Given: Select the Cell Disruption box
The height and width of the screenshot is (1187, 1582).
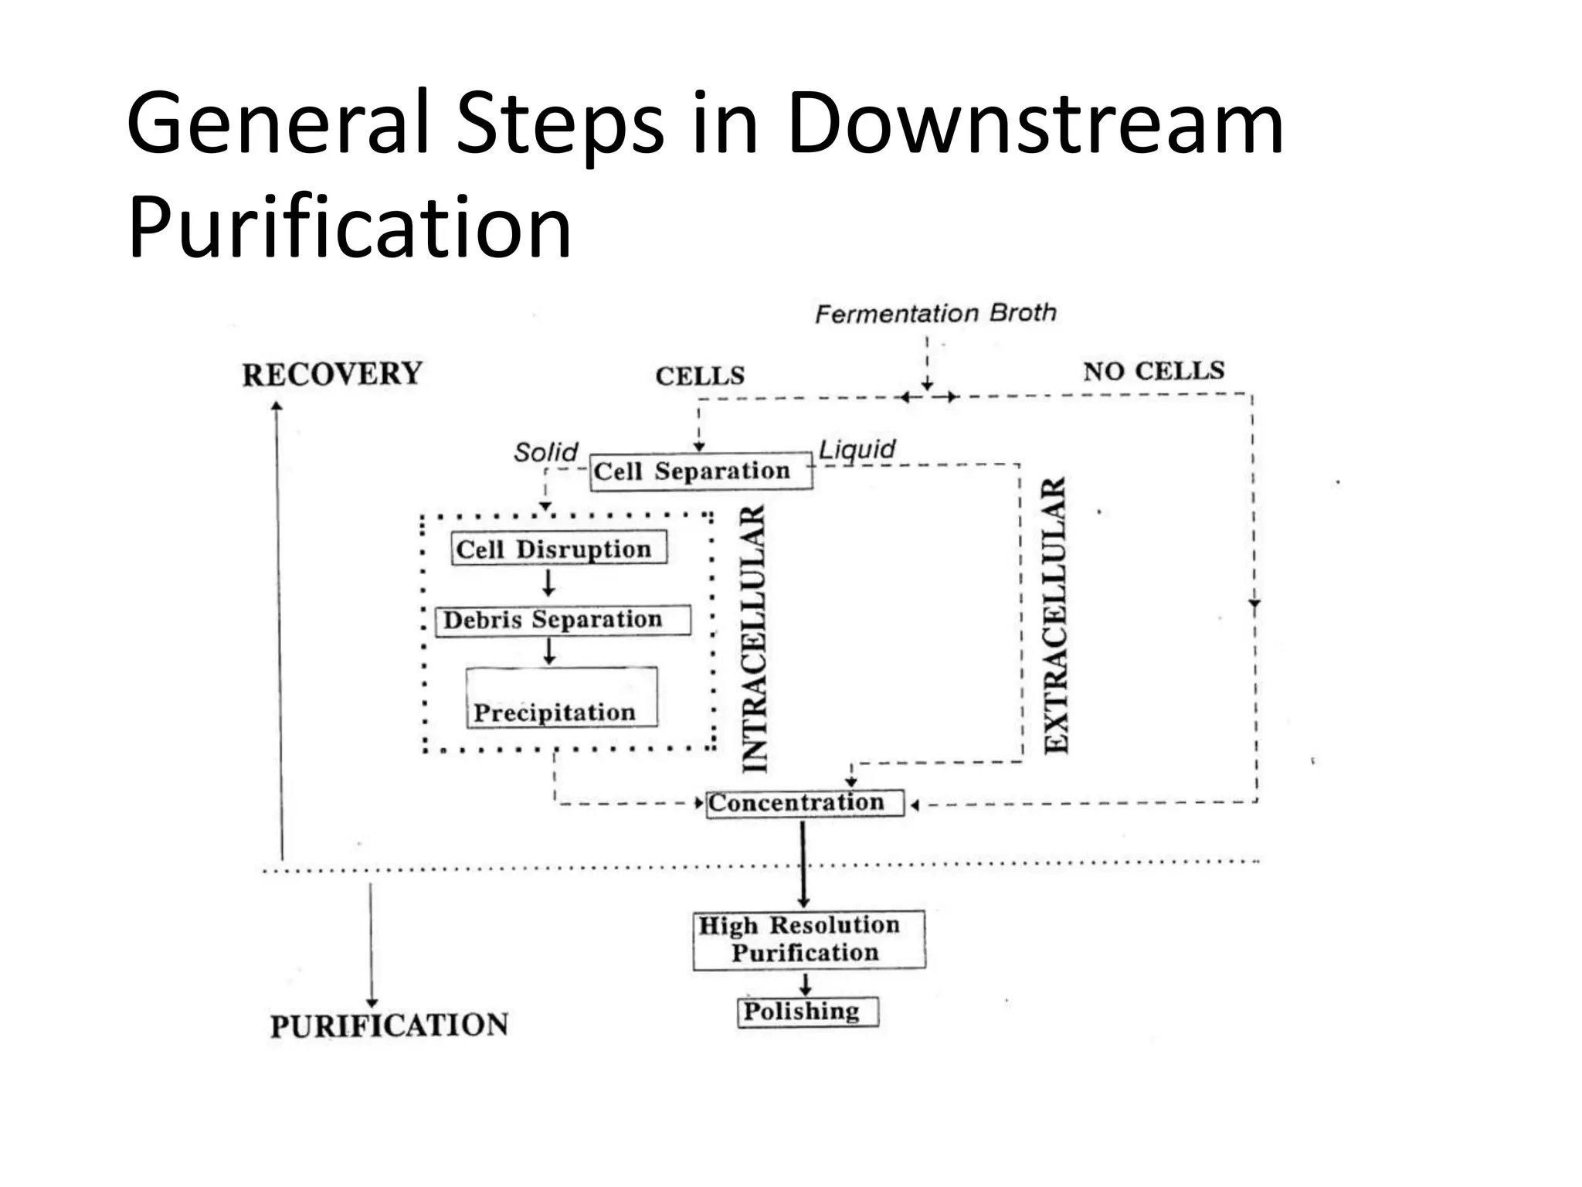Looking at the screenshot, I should pyautogui.click(x=558, y=548).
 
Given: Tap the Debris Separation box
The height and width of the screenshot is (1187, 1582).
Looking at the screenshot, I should pyautogui.click(x=563, y=620).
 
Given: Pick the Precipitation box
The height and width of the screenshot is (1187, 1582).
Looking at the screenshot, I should pyautogui.click(x=562, y=698).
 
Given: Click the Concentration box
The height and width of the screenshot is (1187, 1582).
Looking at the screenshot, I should pyautogui.click(x=805, y=803).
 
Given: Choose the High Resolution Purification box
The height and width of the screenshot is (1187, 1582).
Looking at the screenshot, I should pyautogui.click(x=808, y=939).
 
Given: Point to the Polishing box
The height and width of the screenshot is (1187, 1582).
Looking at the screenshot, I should pyautogui.click(x=806, y=1011).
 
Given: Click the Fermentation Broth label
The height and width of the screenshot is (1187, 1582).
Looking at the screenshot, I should pyautogui.click(x=935, y=314).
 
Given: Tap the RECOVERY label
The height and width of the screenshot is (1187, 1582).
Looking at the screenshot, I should pyautogui.click(x=332, y=375).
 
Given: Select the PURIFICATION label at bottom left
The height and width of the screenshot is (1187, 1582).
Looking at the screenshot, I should pyautogui.click(x=389, y=1025).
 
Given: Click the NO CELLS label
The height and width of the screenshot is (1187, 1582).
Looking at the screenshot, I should pyautogui.click(x=1153, y=372).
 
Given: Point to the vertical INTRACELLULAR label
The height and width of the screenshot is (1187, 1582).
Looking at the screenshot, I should pyautogui.click(x=753, y=638).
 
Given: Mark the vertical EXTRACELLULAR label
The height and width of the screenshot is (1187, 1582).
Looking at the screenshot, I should pyautogui.click(x=1055, y=615).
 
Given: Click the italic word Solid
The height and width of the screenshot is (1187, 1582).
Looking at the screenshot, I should pyautogui.click(x=546, y=452).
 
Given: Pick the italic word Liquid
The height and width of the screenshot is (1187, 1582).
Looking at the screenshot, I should pyautogui.click(x=857, y=450).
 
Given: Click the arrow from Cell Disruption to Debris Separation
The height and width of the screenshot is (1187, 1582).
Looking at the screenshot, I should pyautogui.click(x=548, y=583).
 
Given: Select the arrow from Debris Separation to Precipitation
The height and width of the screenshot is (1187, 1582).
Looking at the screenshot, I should pyautogui.click(x=549, y=651).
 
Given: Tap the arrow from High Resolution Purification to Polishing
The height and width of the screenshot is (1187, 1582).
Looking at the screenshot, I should pyautogui.click(x=806, y=984).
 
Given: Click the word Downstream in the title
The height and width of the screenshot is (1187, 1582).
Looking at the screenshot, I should pyautogui.click(x=1036, y=124).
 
